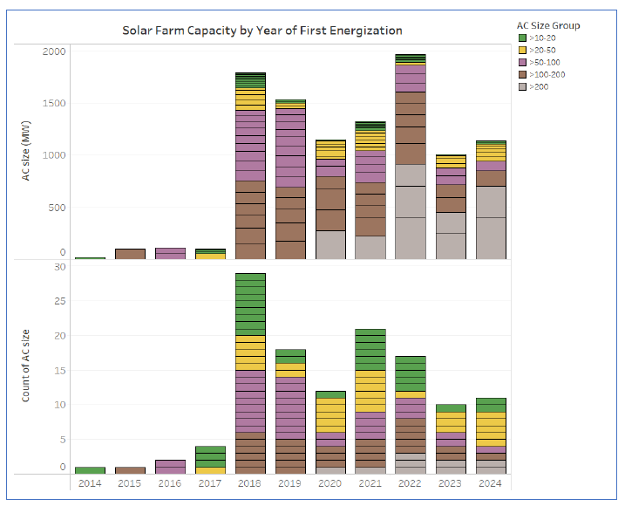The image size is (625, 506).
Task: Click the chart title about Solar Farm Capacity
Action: (x=262, y=31)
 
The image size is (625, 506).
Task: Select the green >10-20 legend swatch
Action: (x=522, y=38)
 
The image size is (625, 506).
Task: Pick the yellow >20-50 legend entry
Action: (x=522, y=50)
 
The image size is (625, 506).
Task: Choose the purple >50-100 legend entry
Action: (x=522, y=62)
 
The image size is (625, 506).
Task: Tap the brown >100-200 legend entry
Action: (x=522, y=74)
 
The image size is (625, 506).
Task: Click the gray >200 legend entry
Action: (x=522, y=86)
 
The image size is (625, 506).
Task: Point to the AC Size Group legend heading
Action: (x=548, y=25)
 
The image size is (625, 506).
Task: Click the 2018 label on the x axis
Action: (x=250, y=482)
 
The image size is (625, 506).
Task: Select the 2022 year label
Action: (x=411, y=482)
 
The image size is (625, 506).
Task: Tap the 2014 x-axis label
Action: (x=90, y=482)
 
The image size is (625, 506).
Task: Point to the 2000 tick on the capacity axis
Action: (x=54, y=51)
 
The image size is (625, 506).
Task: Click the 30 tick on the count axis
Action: (x=60, y=267)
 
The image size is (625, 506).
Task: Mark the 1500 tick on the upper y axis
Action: (x=54, y=104)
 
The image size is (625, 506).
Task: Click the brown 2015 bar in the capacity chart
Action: (x=130, y=254)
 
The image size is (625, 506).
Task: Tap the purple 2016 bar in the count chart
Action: (x=170, y=467)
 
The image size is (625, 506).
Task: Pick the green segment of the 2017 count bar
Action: (x=210, y=456)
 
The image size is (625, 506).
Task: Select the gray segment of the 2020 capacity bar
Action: (x=330, y=244)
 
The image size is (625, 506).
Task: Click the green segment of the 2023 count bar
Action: (x=451, y=408)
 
